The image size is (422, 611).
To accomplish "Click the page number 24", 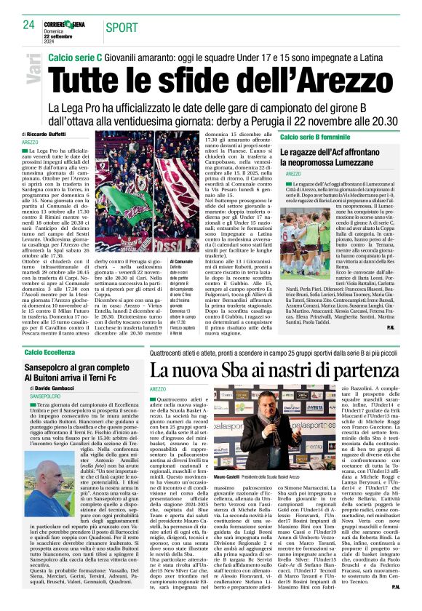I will click(x=29, y=25).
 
